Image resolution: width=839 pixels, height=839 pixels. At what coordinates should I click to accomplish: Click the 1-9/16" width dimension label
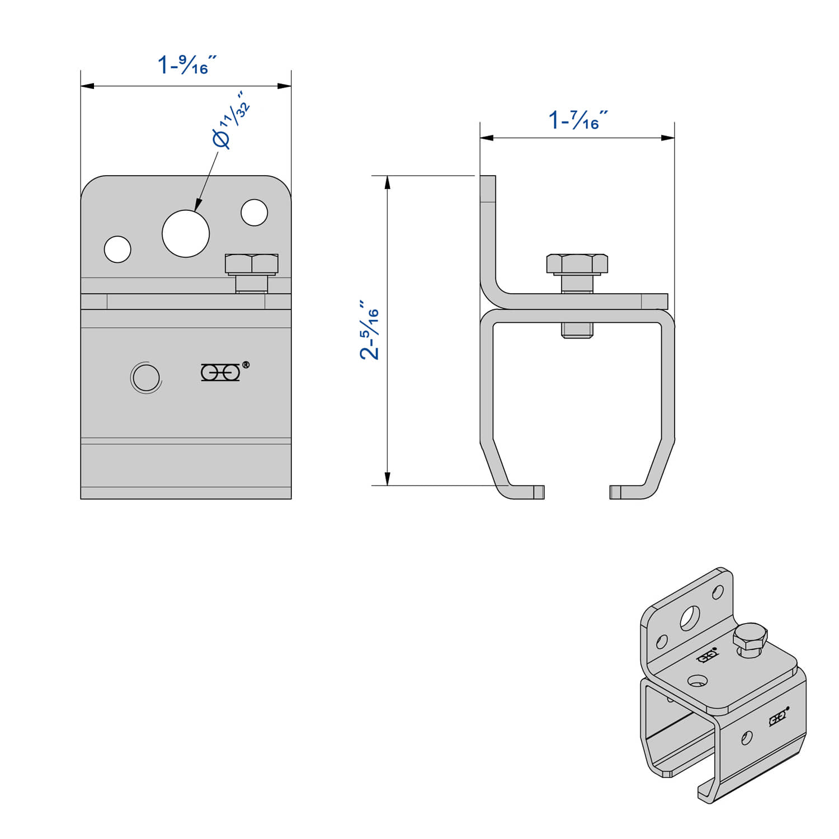186,64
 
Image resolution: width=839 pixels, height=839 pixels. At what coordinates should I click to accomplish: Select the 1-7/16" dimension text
577,120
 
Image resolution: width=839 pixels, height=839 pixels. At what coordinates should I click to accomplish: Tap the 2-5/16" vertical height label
370,330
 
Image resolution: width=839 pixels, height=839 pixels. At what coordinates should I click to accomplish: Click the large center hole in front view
186,233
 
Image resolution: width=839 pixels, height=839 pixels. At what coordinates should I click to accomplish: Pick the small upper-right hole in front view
254,213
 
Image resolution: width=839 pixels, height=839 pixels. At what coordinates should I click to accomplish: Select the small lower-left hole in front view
117,249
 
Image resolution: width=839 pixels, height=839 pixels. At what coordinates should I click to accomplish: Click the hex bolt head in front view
252,264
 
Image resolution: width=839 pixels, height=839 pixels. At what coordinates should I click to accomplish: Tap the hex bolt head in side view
577,264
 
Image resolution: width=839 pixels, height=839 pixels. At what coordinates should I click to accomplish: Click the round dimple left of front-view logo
146,378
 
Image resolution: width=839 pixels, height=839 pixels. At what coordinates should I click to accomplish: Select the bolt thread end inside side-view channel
577,330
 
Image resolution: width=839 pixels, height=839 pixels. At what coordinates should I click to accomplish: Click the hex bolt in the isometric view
750,639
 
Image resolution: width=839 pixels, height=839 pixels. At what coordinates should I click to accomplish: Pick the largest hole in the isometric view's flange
689,618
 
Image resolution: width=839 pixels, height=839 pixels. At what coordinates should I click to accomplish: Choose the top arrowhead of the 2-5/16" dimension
387,182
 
